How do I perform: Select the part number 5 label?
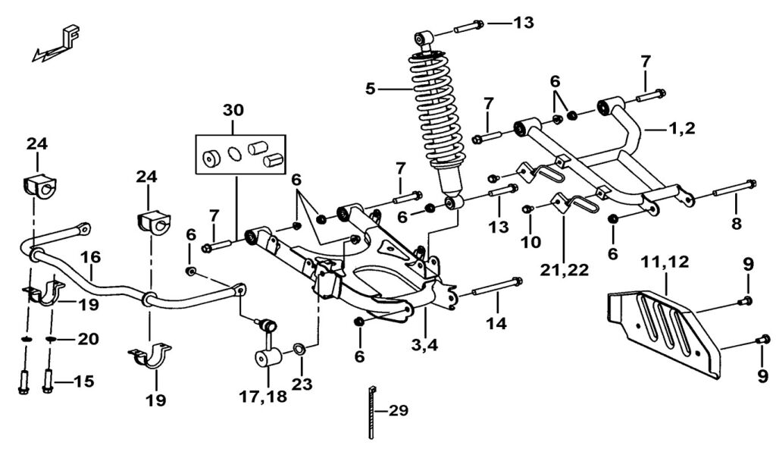pos(371,89)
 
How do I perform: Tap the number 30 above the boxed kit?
pos(233,110)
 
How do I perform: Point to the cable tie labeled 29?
pos(371,412)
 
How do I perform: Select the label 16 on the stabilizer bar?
pos(91,257)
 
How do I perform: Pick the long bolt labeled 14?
pos(496,287)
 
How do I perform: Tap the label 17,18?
pos(263,397)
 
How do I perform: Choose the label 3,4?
pos(424,344)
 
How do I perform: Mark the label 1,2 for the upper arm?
pos(681,129)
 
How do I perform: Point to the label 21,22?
pos(564,270)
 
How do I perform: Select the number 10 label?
pos(530,242)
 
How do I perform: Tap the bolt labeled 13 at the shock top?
pos(468,27)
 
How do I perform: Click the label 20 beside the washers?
pos(88,339)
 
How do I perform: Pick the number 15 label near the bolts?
pos(83,381)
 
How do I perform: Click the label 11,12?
pos(665,262)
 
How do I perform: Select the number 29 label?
pos(398,410)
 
